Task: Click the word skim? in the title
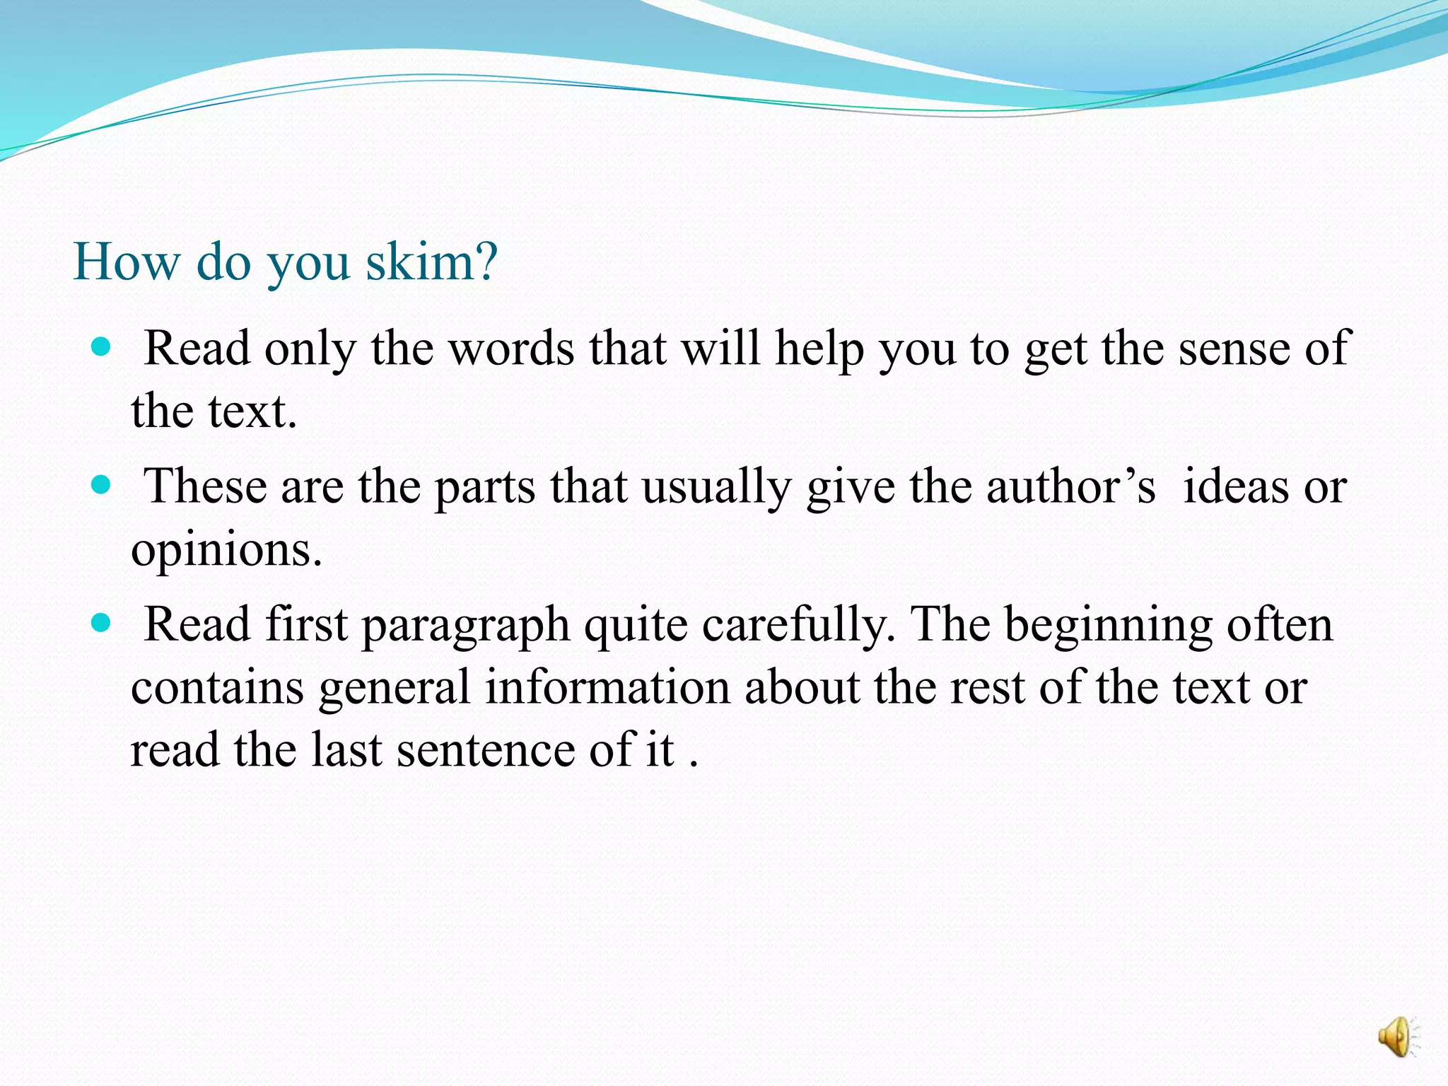(x=431, y=262)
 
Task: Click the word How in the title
(x=127, y=262)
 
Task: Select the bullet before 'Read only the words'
(x=102, y=347)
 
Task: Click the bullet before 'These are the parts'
(x=102, y=485)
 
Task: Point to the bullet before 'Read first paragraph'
(x=102, y=623)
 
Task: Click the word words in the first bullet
(x=512, y=349)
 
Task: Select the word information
(x=607, y=688)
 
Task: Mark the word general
(x=394, y=688)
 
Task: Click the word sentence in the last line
(x=486, y=750)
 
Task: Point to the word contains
(x=217, y=688)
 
